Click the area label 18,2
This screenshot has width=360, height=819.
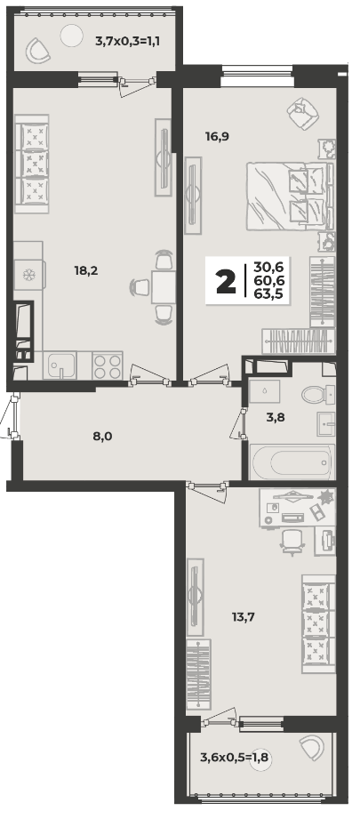click(x=86, y=270)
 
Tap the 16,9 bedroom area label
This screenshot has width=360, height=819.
click(x=217, y=136)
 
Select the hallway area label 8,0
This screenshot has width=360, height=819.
click(x=103, y=436)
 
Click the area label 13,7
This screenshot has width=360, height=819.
click(x=243, y=617)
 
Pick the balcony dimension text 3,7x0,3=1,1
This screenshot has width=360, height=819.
click(x=127, y=40)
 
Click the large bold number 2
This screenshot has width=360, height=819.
click(x=226, y=283)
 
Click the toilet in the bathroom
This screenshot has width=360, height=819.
click(x=317, y=394)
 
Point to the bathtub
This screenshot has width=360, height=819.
click(x=292, y=462)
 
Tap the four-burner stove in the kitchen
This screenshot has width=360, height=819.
click(x=108, y=365)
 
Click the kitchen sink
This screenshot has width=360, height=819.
click(x=61, y=365)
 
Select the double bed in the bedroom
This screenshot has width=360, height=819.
click(x=290, y=196)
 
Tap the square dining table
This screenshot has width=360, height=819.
click(x=164, y=287)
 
